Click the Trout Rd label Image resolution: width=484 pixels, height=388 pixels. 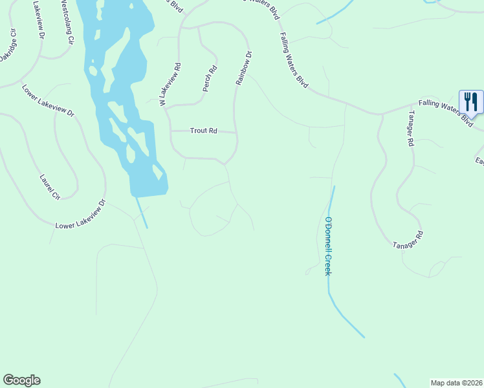click(203, 131)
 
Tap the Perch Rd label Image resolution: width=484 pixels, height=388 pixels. click(208, 78)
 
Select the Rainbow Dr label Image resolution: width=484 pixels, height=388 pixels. click(243, 69)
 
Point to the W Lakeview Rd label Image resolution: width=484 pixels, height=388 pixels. click(170, 84)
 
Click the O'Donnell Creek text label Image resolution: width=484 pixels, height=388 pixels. click(328, 246)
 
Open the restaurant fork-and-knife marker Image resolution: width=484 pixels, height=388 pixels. click(470, 102)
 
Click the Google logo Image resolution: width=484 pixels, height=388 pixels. click(21, 380)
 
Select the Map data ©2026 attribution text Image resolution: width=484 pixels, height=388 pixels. click(456, 382)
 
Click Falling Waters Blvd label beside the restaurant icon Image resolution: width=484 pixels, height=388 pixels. click(445, 112)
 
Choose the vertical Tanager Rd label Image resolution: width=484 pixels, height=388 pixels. click(410, 129)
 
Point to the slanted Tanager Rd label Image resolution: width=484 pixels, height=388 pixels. click(408, 239)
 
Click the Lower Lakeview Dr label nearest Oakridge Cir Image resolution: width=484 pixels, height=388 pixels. click(48, 101)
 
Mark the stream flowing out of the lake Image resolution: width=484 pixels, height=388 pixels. click(142, 212)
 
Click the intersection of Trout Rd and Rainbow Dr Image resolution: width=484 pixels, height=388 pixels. click(236, 133)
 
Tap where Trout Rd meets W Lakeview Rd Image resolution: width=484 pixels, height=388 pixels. click(170, 131)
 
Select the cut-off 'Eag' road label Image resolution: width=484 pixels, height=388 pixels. click(479, 161)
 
